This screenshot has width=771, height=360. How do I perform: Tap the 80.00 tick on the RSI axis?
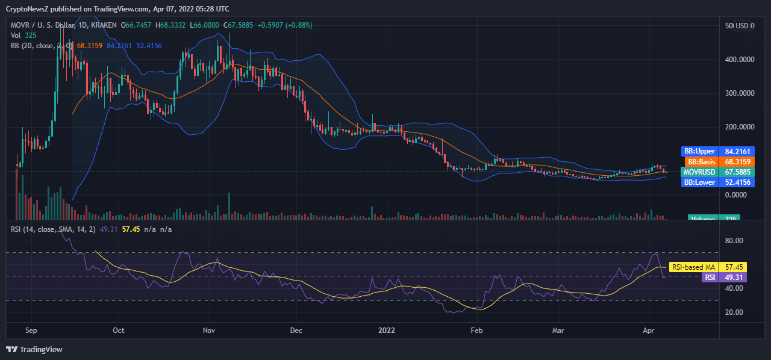pos(734,240)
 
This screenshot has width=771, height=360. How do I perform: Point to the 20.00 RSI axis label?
pos(734,312)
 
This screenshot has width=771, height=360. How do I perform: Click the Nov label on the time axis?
pos(209,331)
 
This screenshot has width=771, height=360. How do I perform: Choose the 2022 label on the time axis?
pos(387,331)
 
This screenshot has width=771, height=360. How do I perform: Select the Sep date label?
pos(32,331)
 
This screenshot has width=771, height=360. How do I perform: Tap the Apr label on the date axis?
pos(648,331)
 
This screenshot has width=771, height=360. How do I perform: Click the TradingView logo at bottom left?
pos(34,349)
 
